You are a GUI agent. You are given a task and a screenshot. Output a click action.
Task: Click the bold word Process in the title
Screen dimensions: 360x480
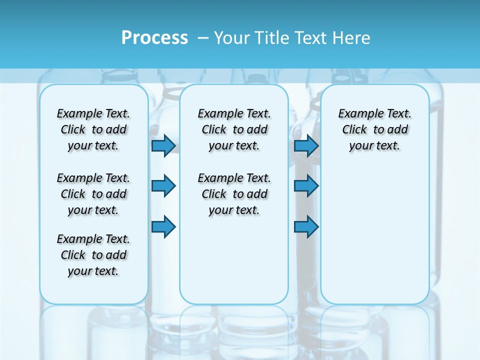tap(154, 38)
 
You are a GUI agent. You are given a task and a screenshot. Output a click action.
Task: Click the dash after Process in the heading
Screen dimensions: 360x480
tap(203, 38)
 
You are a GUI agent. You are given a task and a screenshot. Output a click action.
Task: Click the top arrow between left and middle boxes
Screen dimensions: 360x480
tap(163, 145)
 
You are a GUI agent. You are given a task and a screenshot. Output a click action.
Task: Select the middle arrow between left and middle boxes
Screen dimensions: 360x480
tap(163, 186)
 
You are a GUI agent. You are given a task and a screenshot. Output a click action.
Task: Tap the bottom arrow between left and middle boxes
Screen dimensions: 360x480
tap(163, 227)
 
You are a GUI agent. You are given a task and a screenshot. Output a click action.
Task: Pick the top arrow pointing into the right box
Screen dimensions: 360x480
tap(306, 145)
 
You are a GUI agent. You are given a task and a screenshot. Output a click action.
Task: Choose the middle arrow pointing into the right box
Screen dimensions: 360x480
tap(306, 186)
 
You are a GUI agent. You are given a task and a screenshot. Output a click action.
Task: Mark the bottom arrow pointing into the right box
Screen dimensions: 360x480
tap(306, 227)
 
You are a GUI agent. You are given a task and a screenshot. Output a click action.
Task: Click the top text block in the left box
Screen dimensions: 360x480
tap(93, 129)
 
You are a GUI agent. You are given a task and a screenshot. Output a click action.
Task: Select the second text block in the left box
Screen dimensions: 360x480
tap(93, 194)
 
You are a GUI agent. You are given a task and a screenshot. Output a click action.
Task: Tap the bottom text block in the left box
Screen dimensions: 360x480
tap(93, 255)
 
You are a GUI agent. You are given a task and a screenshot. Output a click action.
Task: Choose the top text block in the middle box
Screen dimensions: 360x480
tap(234, 129)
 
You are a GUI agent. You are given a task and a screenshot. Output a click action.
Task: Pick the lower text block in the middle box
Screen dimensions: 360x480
tap(234, 194)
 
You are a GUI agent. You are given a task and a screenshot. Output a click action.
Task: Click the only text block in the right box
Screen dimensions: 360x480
tap(374, 129)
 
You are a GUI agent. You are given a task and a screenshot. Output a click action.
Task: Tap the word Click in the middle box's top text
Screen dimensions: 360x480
tap(214, 130)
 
